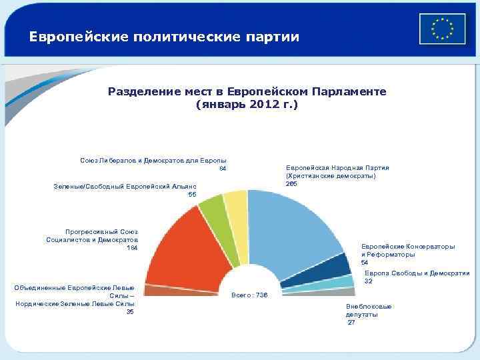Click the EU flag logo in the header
(x=442, y=29)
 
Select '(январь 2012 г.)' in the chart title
(x=247, y=105)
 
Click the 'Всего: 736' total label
(x=249, y=295)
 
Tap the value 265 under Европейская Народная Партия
(x=291, y=184)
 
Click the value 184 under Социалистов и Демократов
(x=131, y=248)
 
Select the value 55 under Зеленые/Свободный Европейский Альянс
(x=192, y=194)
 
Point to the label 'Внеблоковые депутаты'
(x=369, y=310)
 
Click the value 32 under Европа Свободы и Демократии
(x=368, y=281)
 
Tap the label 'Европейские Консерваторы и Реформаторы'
(x=408, y=250)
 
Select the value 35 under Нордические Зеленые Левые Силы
(x=130, y=311)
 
